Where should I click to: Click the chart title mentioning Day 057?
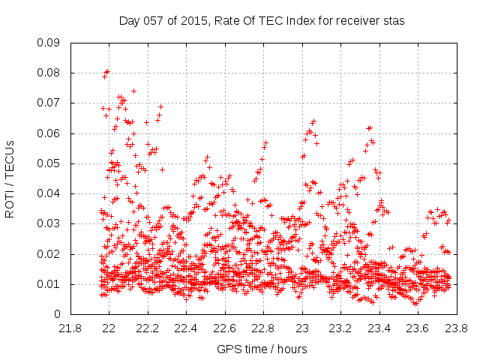262,21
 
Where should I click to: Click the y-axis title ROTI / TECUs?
10,178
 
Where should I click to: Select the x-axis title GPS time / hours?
262,349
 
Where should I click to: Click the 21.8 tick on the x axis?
70,328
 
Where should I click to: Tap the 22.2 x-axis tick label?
148,328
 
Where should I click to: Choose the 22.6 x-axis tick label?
225,328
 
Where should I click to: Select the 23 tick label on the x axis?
302,328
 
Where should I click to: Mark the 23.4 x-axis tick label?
379,328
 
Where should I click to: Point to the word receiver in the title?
356,21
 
